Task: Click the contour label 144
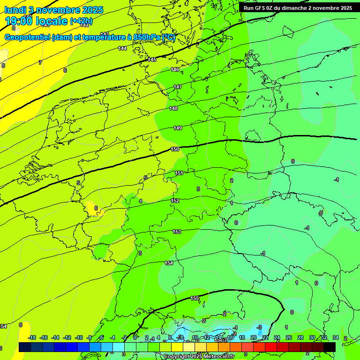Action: tap(122, 48)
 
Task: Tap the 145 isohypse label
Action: tap(152, 60)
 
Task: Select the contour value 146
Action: tap(174, 69)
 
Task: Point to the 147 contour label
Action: tap(178, 87)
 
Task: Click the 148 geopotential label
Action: tap(173, 108)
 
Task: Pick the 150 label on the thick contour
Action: tap(175, 149)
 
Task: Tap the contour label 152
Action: tap(175, 201)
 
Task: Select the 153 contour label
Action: tap(177, 232)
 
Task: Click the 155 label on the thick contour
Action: tap(195, 298)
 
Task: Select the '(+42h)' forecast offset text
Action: tap(81, 21)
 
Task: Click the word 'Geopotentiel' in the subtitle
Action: tap(27, 37)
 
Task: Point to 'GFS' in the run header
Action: tap(263, 8)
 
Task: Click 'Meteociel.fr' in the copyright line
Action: tap(215, 357)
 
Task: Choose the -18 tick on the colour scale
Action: tap(32, 337)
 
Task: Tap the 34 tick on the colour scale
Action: tap(335, 337)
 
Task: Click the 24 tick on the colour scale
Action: tap(277, 337)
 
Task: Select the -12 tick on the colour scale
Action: tap(67, 337)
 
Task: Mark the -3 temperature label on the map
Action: tap(259, 327)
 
